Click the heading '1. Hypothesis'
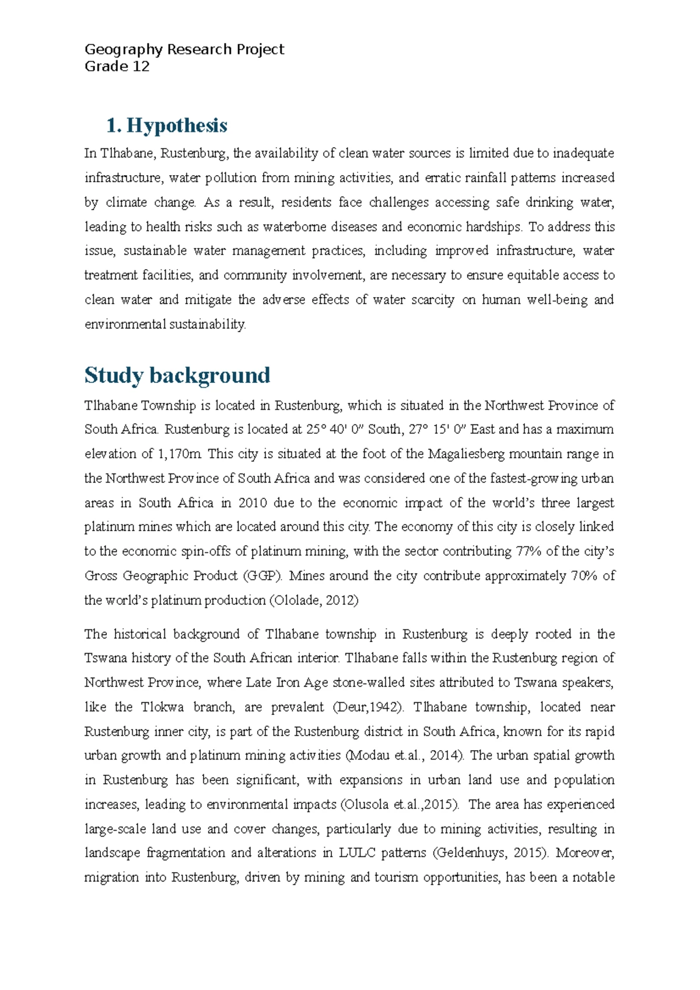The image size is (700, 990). [x=167, y=126]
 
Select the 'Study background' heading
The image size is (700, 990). [x=177, y=375]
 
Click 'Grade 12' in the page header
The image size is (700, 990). [x=117, y=67]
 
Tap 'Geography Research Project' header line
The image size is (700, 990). [x=184, y=50]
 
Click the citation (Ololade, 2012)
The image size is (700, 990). [x=313, y=601]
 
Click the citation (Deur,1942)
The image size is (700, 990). [x=367, y=707]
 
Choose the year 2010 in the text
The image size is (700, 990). [x=253, y=503]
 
